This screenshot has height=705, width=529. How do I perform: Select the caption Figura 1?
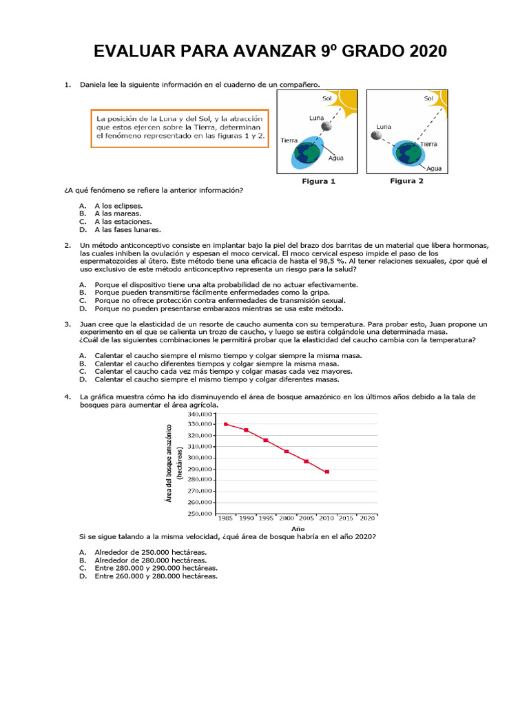(319, 182)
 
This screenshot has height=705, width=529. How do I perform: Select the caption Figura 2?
(406, 182)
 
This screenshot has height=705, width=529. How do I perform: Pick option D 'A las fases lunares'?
(127, 230)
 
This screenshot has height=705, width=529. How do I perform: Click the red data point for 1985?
(226, 424)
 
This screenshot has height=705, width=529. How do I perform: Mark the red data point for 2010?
(326, 472)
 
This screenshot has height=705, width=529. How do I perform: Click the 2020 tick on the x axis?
(367, 518)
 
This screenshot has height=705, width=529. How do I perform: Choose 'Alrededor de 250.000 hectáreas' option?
(150, 552)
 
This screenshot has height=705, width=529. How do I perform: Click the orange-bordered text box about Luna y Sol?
(180, 128)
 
